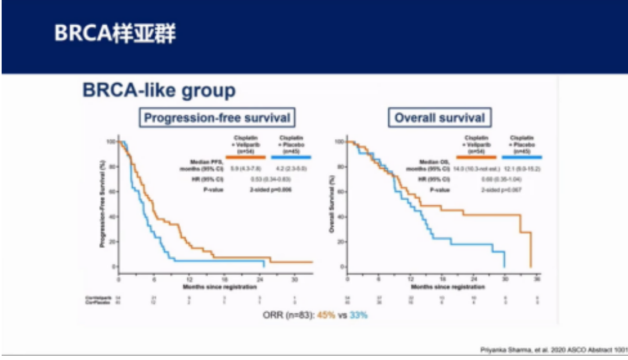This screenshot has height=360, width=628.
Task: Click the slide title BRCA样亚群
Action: pos(115,34)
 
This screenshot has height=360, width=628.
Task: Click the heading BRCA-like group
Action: pos(159,91)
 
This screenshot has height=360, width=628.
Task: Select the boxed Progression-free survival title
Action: pos(217,118)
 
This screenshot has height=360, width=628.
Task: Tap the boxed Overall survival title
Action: pos(440,118)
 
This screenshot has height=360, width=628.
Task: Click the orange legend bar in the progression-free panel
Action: pos(247,157)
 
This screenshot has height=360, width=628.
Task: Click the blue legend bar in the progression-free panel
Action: pos(291,157)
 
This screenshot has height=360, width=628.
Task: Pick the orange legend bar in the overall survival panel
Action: pos(476,157)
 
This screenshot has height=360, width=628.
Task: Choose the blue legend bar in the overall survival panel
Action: pos(522,157)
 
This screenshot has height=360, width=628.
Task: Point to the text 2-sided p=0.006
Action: pos(269,190)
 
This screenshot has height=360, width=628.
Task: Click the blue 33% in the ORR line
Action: pos(358,315)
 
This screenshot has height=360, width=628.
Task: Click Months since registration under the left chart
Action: pos(212,287)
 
